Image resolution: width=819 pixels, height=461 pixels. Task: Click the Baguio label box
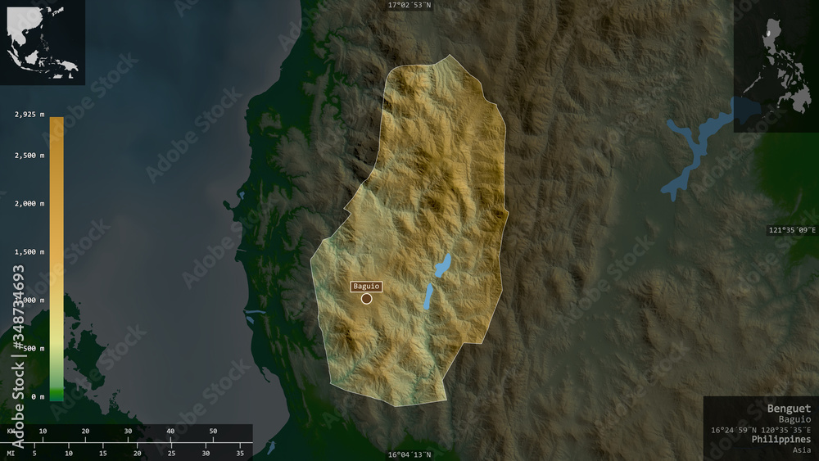[x=366, y=286]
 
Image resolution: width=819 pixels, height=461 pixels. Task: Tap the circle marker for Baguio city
[x=366, y=299]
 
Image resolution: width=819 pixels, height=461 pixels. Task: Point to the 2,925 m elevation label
[x=29, y=115]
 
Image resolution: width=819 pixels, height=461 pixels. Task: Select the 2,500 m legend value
[x=29, y=156]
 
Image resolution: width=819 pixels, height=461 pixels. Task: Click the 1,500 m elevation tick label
[x=29, y=252]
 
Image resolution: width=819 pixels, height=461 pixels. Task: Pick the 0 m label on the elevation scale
[x=37, y=397]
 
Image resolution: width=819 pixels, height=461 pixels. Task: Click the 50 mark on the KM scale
[x=213, y=431]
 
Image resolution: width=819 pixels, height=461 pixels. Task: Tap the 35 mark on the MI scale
[x=240, y=453]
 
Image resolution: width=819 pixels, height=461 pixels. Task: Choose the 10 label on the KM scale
[x=43, y=431]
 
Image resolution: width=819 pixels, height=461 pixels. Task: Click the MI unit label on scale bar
[x=11, y=453]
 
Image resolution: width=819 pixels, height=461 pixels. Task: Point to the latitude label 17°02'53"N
[x=409, y=5]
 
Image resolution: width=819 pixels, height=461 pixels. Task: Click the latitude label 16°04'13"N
[x=409, y=455]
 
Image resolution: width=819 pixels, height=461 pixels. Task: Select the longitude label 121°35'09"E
[x=792, y=230]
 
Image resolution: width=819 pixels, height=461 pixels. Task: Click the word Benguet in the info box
[x=789, y=408]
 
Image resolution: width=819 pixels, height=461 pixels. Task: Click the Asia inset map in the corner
[x=43, y=43]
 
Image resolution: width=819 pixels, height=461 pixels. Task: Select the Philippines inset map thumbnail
[x=776, y=66]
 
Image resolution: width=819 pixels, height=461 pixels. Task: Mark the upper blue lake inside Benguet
[x=442, y=264]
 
